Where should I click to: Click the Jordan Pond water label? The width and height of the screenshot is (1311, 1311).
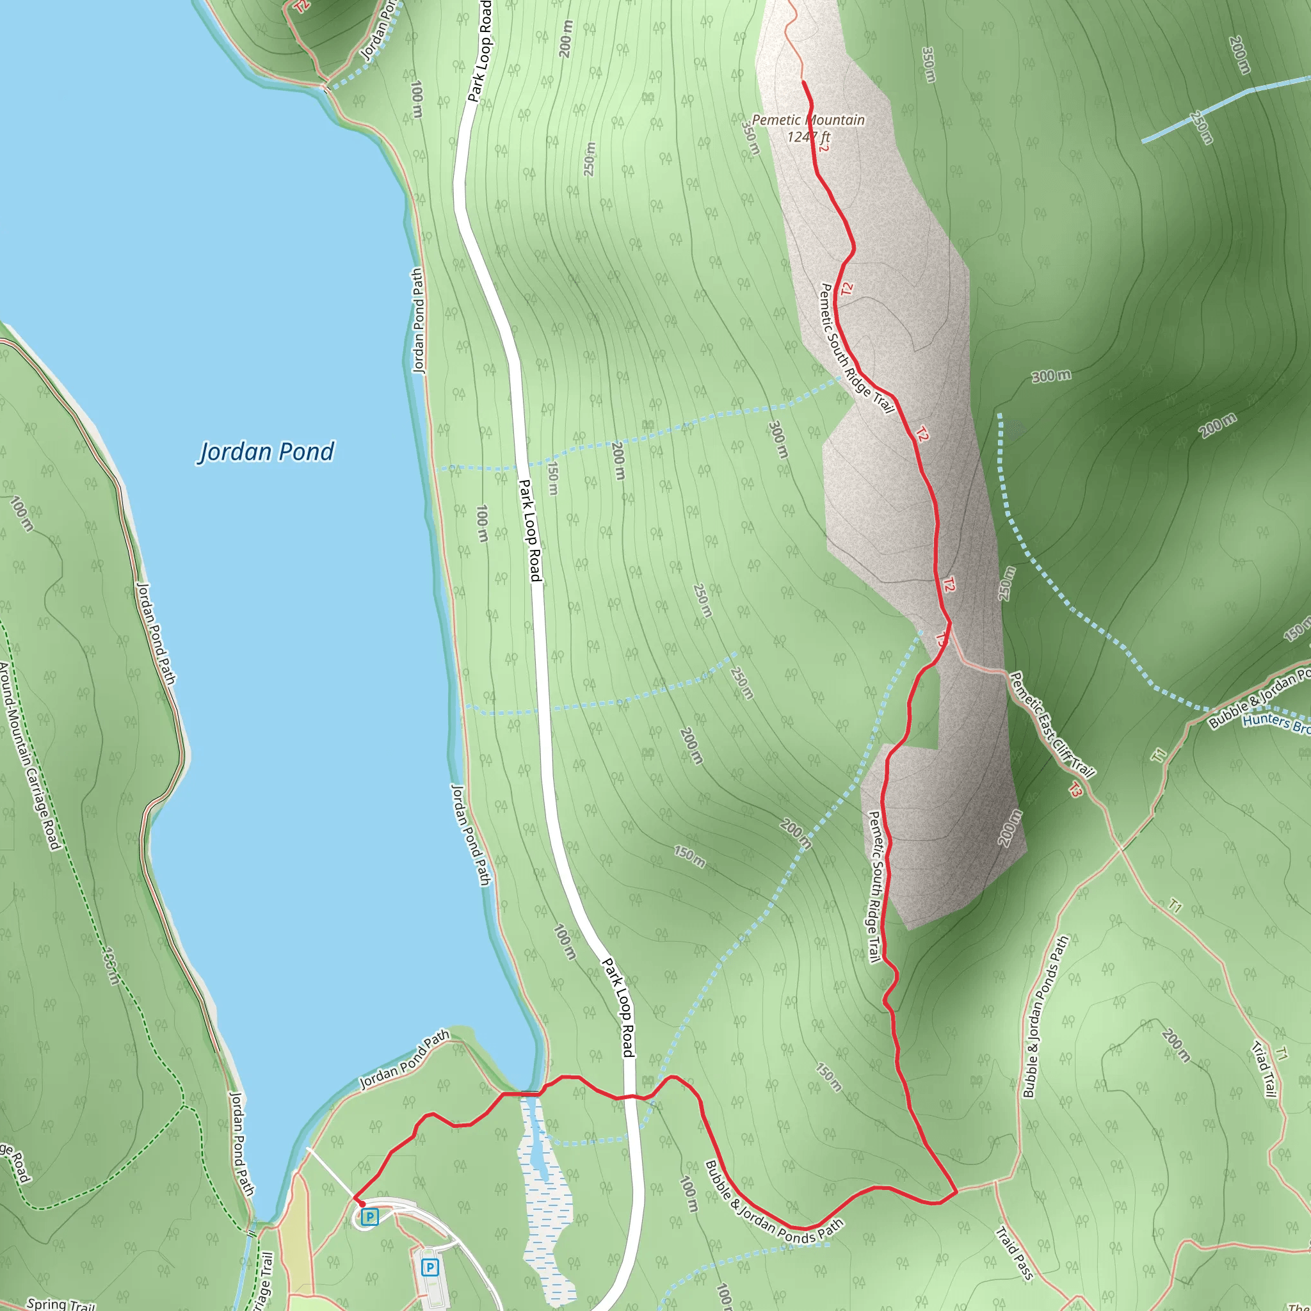tap(266, 452)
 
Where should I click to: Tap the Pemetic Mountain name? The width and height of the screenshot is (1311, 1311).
tap(808, 120)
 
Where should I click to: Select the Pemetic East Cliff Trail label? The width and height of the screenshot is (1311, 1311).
tap(1051, 724)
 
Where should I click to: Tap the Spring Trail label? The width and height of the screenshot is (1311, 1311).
tap(61, 1303)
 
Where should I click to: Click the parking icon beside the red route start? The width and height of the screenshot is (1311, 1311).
tap(369, 1217)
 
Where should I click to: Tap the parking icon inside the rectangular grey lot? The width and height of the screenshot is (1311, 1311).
tap(430, 1266)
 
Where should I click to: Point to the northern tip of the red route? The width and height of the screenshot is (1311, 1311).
tap(804, 82)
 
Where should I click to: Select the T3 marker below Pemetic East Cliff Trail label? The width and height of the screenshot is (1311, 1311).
tap(1075, 789)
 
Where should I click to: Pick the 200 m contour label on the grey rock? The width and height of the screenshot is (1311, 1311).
tap(1009, 828)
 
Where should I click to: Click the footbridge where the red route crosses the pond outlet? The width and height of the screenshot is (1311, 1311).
tap(521, 1093)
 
